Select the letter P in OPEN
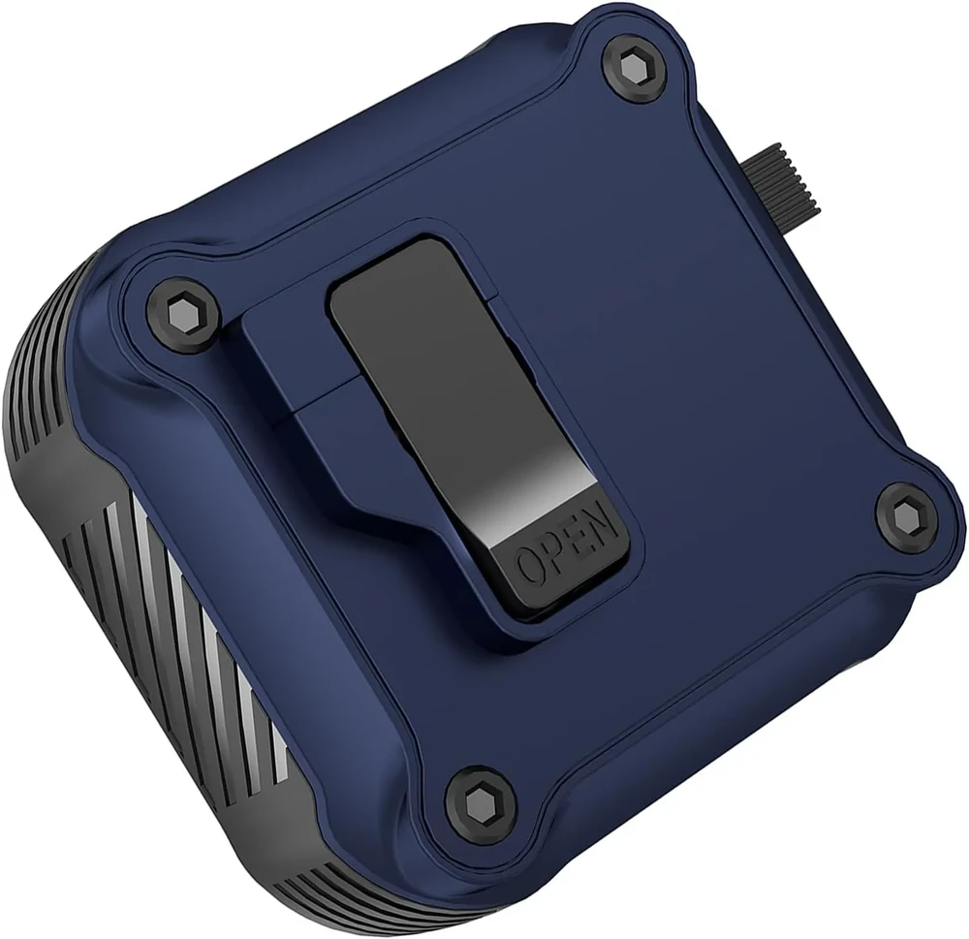click(552, 551)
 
